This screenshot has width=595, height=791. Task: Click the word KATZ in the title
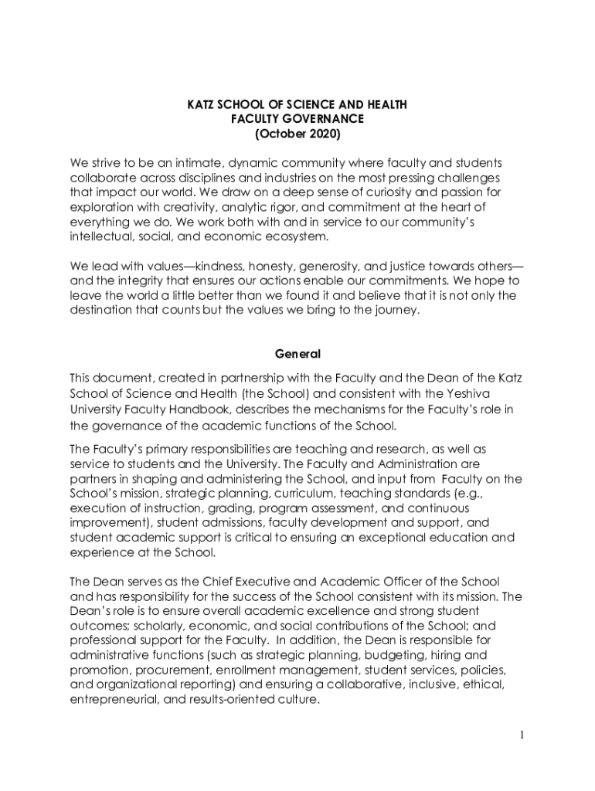point(203,104)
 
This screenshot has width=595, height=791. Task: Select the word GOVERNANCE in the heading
point(327,119)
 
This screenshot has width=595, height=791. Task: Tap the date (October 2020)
point(297,134)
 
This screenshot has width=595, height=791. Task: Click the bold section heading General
point(297,354)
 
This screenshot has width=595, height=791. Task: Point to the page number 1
point(522,735)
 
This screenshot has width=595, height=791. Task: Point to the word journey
point(392,311)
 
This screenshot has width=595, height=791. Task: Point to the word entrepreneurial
point(114,699)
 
